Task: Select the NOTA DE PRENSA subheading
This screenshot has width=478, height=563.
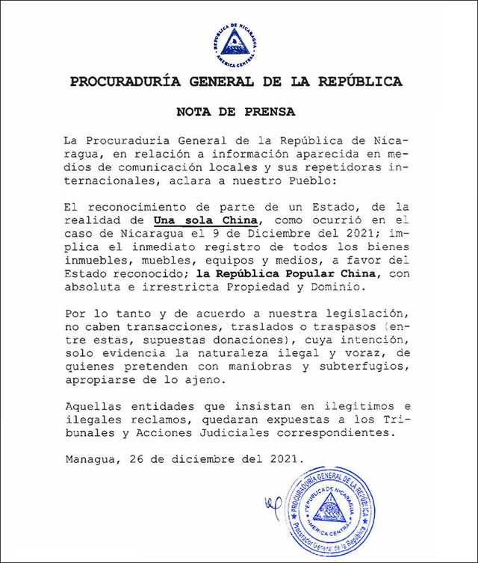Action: click(x=235, y=112)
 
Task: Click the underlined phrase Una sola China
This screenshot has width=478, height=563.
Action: click(x=207, y=220)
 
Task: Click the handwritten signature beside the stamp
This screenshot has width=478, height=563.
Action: click(x=272, y=508)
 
